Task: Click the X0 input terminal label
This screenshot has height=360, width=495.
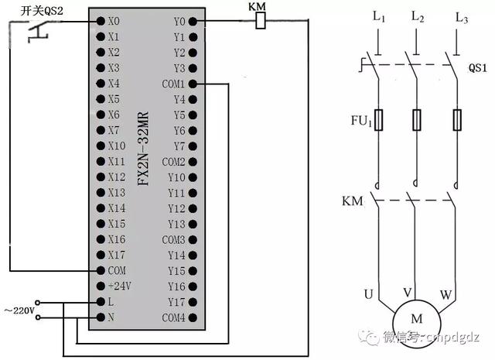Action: (x=114, y=21)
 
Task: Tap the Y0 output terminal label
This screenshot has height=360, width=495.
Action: (x=179, y=21)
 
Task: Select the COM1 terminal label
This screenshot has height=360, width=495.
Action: (x=174, y=84)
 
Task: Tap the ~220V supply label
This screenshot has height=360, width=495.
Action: (x=19, y=310)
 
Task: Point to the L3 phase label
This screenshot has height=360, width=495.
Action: (x=462, y=17)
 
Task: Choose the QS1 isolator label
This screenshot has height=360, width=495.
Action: (x=479, y=67)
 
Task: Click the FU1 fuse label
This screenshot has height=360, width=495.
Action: (x=362, y=121)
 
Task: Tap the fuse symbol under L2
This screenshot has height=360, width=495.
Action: (x=417, y=120)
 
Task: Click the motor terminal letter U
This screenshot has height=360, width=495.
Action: (x=369, y=293)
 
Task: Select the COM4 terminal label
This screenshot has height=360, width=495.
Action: (x=174, y=317)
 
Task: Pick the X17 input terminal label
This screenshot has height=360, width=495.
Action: (x=116, y=255)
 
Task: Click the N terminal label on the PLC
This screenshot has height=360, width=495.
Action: (x=111, y=317)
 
